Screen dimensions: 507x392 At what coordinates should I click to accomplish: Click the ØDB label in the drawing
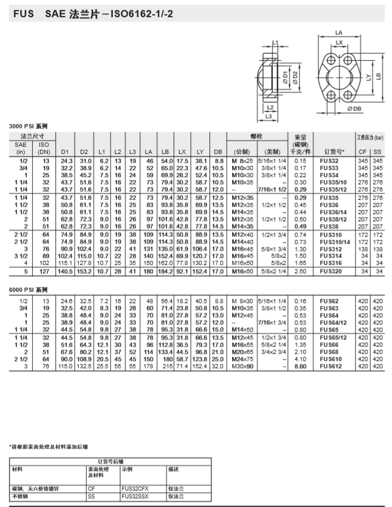[x=354, y=109]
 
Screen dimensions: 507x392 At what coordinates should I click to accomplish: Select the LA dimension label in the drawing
[x=339, y=32]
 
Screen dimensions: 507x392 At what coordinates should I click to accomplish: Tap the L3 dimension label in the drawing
[x=269, y=116]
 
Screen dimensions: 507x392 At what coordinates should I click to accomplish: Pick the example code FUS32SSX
[x=134, y=496]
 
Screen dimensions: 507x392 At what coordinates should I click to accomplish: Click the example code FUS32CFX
[x=134, y=488]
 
